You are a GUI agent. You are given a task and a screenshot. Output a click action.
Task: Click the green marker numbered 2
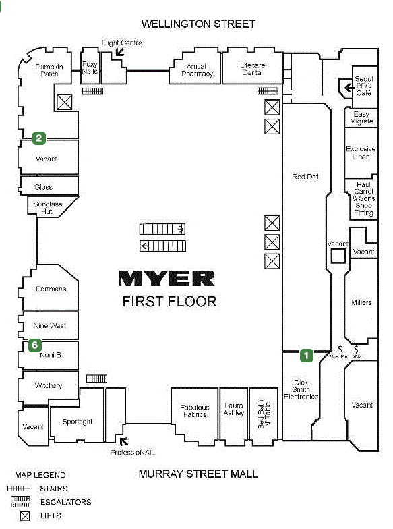(39, 138)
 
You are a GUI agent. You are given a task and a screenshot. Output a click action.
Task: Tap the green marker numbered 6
(35, 345)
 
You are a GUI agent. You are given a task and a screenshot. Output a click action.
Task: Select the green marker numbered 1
(306, 355)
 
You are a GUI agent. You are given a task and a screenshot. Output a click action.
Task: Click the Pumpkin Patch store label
(49, 70)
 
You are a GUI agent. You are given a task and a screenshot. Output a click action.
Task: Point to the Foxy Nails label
(90, 67)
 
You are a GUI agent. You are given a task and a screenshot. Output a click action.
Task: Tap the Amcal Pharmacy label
(197, 70)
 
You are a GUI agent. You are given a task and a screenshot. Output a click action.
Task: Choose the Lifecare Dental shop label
(252, 69)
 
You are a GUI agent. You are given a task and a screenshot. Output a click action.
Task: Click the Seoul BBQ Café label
(364, 86)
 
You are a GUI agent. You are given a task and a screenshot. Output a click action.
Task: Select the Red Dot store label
(305, 177)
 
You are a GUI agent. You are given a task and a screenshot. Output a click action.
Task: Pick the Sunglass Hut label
(47, 208)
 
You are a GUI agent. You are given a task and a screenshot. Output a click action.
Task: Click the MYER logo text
(167, 279)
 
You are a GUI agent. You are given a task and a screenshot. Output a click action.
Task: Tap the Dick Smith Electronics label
(301, 390)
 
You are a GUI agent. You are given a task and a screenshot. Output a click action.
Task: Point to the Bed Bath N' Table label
(264, 414)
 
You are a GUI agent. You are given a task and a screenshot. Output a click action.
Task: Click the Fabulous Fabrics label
(194, 411)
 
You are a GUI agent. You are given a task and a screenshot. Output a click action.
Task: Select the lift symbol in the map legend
(24, 516)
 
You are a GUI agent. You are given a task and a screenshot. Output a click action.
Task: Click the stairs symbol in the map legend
(19, 489)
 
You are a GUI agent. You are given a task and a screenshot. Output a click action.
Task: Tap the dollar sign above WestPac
(340, 349)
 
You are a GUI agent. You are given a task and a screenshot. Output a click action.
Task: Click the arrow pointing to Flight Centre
(120, 52)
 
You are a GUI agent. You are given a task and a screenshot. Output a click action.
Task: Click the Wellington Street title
(198, 24)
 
